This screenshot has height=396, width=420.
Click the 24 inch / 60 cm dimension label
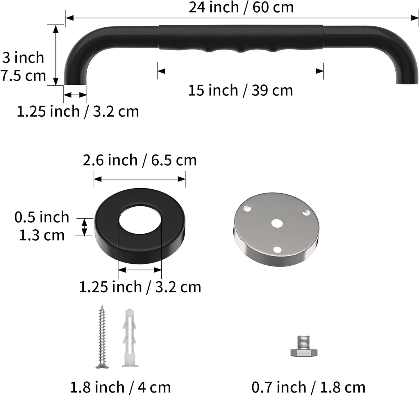tap(241, 7)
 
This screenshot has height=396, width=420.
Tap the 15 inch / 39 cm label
tap(240, 90)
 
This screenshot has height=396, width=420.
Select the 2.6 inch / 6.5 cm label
tap(140, 160)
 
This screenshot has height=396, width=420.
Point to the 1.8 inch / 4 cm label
tap(120, 387)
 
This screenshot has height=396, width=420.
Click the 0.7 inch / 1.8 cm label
tap(308, 387)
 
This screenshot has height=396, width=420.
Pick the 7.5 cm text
tap(23, 76)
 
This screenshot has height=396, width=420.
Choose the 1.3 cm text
tap(42, 235)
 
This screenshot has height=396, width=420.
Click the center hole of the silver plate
tap(276, 223)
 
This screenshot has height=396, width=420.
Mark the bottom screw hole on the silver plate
tap(277, 249)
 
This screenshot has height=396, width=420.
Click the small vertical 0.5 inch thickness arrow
tap(84, 227)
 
